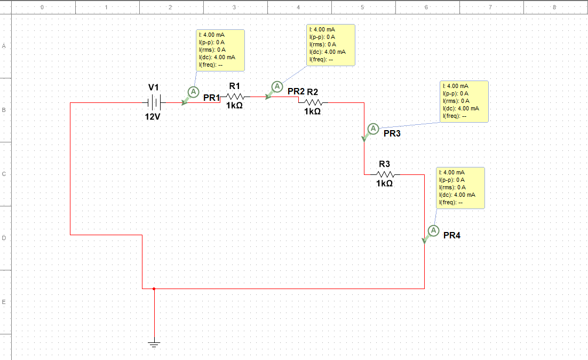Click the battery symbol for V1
point(154,102)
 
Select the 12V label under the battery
point(153,117)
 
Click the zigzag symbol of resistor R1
point(235,97)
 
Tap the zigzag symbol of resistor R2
point(313,102)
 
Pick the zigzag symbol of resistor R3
point(385,174)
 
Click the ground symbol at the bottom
point(154,344)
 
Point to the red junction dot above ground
point(154,289)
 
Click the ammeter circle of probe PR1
point(193,92)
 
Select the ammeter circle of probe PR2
point(277,86)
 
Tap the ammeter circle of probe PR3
point(373,129)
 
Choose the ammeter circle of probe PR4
point(433,230)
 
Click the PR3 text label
point(392,133)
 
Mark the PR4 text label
point(452,236)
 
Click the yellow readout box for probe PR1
point(220,51)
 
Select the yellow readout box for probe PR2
point(331,45)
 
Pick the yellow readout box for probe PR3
point(464,102)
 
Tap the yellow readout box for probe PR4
point(460,188)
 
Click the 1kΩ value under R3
point(384,183)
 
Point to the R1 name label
point(234,86)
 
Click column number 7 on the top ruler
point(490,7)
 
